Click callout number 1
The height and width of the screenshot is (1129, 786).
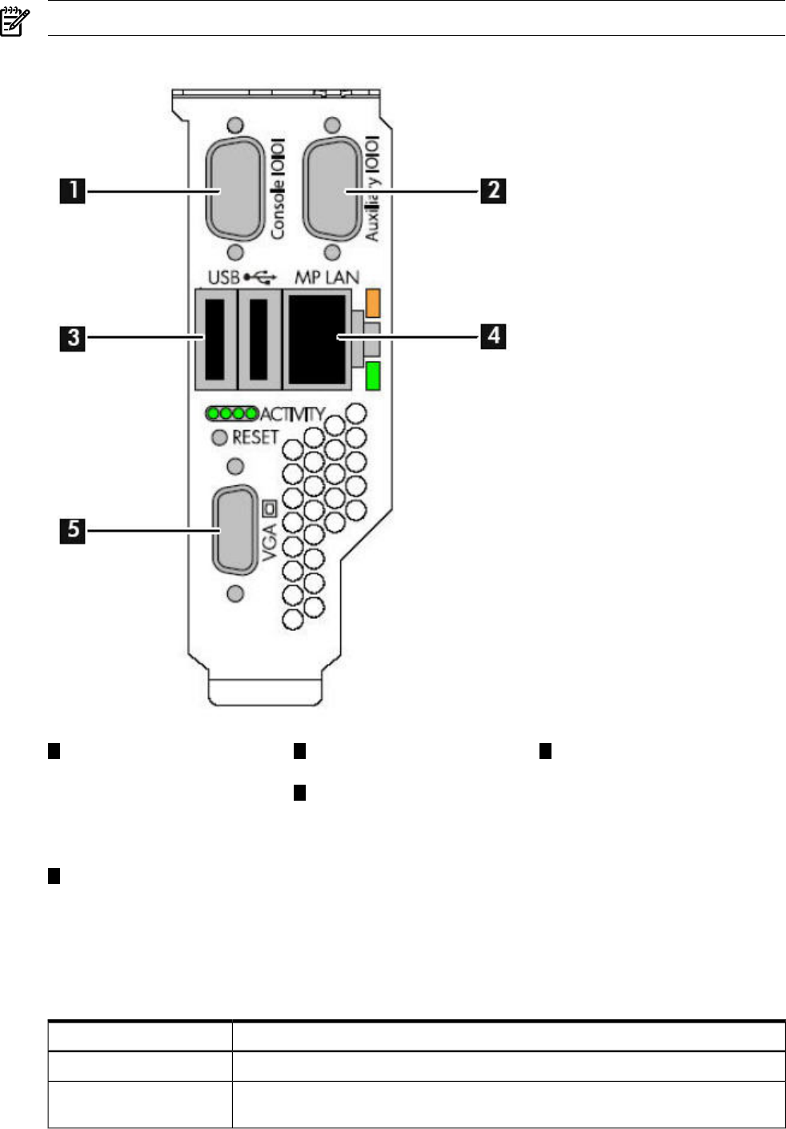point(73,191)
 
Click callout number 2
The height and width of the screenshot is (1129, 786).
point(493,191)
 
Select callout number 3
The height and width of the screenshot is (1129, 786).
point(73,337)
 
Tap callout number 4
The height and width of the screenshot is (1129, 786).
point(493,335)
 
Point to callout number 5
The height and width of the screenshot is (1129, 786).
point(73,530)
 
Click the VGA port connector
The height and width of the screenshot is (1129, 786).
point(235,530)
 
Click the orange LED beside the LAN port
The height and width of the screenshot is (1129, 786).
point(373,302)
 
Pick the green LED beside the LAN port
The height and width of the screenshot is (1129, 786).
point(373,376)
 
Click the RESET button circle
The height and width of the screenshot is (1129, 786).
point(219,437)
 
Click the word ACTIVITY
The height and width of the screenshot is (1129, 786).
point(292,414)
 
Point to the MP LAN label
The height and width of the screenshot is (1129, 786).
point(327,277)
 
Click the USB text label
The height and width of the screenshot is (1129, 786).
point(223,277)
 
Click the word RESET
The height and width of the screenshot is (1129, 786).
point(255,437)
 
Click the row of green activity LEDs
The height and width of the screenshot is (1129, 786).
point(232,414)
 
